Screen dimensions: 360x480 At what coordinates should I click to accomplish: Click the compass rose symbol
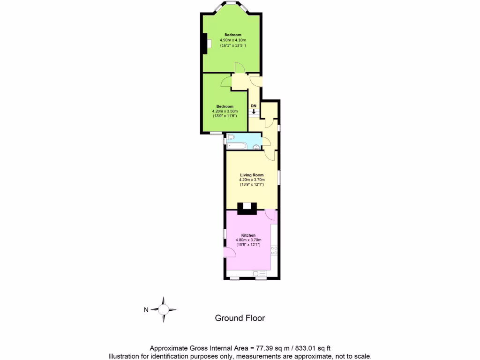(x=163, y=309)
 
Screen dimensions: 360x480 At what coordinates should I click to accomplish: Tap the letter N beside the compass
(x=146, y=309)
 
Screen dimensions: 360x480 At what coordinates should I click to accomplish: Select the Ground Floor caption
(x=240, y=318)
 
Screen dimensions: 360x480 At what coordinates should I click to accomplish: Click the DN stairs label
(x=254, y=106)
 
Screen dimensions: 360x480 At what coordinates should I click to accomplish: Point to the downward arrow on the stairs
(x=254, y=112)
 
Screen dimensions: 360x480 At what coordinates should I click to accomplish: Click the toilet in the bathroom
(x=231, y=137)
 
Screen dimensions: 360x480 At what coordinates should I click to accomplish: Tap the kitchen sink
(x=259, y=273)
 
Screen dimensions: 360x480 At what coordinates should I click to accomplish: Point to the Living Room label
(x=252, y=175)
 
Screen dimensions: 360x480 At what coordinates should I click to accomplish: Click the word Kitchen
(x=248, y=235)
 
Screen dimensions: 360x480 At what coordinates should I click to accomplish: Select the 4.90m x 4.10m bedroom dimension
(x=233, y=40)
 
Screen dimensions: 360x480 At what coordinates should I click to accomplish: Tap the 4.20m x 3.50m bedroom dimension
(x=225, y=111)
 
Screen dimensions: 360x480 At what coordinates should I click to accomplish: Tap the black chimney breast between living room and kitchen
(x=247, y=208)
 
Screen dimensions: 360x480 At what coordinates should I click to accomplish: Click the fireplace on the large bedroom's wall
(x=205, y=44)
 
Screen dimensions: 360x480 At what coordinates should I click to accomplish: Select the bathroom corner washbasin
(x=257, y=147)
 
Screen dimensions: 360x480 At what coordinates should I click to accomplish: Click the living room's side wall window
(x=280, y=177)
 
